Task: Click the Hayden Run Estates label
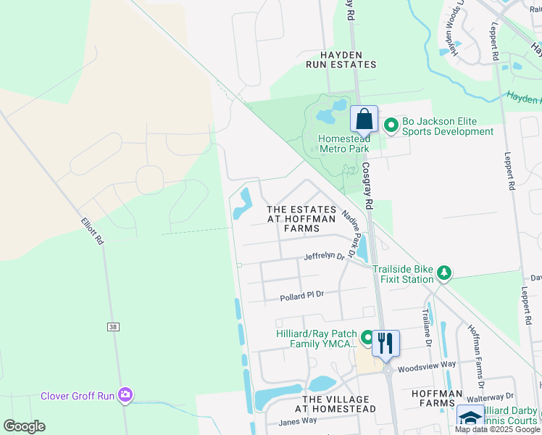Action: click(349, 59)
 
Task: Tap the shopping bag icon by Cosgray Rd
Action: click(364, 121)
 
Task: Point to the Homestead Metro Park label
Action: click(344, 144)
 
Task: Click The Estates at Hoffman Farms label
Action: click(301, 219)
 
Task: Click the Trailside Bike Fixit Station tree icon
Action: click(443, 273)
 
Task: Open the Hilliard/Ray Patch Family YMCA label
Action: click(317, 339)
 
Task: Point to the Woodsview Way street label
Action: click(426, 365)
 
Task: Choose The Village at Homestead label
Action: click(339, 404)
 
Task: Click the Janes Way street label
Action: click(298, 421)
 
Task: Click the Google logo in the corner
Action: click(25, 426)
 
